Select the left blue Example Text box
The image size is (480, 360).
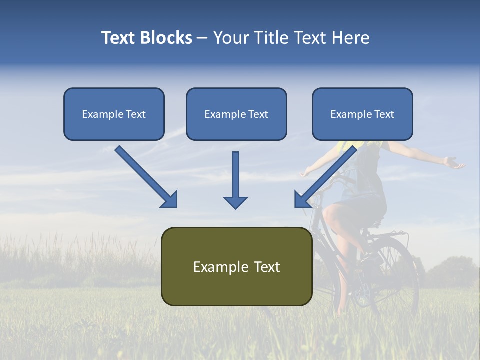[114, 114]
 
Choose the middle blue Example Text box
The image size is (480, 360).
[236, 114]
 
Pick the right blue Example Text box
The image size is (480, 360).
[362, 114]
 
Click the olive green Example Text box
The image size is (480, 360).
[236, 266]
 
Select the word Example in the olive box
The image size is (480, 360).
[216, 267]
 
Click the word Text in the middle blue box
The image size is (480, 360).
[258, 114]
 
